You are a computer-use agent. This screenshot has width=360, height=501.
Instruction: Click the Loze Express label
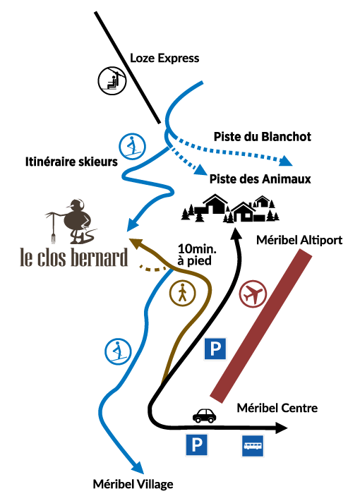164,58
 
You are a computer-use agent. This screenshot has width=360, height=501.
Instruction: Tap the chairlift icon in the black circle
112,80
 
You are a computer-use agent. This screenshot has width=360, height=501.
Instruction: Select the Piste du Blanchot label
262,136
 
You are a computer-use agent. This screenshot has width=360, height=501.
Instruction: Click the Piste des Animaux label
260,179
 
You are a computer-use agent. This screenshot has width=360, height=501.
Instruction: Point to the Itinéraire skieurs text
71,162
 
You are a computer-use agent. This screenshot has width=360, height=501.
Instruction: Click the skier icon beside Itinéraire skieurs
133,147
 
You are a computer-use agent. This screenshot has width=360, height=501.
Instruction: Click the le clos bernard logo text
74,258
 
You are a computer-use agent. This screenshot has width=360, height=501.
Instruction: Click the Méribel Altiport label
299,240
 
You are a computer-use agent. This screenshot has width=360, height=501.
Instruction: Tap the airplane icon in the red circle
253,294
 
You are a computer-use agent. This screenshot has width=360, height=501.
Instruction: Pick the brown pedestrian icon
183,293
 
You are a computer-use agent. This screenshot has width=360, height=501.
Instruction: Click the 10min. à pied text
197,255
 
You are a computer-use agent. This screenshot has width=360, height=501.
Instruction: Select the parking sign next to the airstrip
215,349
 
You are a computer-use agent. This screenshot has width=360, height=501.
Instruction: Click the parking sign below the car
197,445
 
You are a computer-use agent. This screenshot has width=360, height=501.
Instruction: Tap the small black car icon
204,416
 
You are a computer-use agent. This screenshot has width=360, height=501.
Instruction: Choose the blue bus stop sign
253,446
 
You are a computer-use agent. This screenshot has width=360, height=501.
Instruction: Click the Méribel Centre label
277,408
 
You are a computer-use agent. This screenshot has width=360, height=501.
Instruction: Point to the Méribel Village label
133,484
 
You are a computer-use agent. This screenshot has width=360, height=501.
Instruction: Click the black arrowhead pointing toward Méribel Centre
282,428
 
